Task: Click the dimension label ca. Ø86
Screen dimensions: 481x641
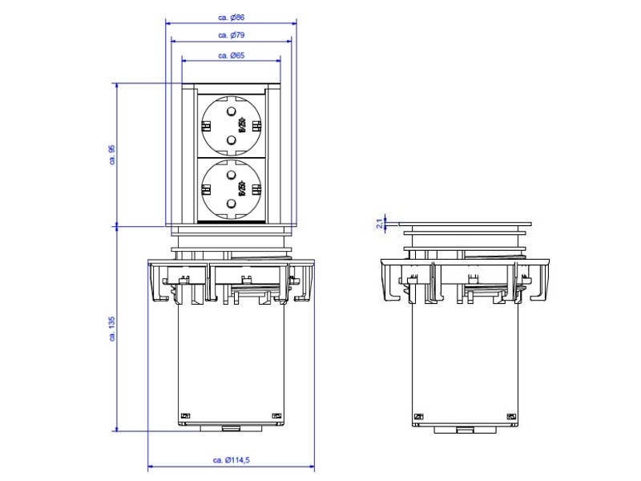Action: [x=231, y=16]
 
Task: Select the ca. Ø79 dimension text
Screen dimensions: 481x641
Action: [x=231, y=35]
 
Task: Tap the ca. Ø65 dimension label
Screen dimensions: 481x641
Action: [x=231, y=55]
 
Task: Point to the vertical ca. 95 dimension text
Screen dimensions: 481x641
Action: [x=112, y=154]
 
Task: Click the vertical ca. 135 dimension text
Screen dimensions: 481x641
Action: [x=112, y=329]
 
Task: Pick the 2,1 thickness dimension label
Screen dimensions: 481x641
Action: [x=379, y=224]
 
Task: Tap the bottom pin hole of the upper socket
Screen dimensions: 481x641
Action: [x=231, y=140]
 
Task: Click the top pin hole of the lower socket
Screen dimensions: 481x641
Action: [x=231, y=173]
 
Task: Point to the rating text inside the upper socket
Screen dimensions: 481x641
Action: [x=240, y=124]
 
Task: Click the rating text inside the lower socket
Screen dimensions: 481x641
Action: [x=240, y=190]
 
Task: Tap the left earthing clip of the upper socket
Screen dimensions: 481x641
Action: [x=205, y=126]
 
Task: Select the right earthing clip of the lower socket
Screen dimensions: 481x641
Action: [x=257, y=190]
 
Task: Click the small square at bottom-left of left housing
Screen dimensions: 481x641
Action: [x=184, y=414]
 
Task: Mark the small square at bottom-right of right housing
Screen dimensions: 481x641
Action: [x=512, y=416]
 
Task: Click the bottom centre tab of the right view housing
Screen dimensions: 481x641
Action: [x=463, y=430]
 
